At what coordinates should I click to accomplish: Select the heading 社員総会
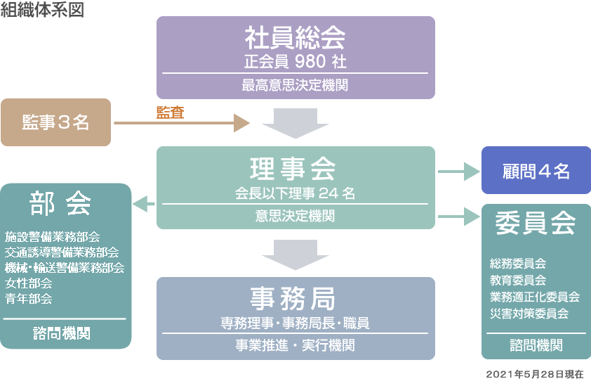point(295,38)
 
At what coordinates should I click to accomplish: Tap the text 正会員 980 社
point(295,62)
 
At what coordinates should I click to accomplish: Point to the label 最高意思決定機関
point(295,86)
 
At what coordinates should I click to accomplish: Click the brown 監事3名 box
point(55,122)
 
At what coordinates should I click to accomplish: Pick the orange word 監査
point(170,112)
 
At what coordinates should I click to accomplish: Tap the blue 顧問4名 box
point(536,171)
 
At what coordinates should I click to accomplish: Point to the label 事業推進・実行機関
point(295,346)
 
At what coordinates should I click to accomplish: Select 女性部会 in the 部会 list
point(29,283)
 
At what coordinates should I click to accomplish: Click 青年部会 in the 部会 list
point(29,299)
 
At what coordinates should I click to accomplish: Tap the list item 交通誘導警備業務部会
point(62,252)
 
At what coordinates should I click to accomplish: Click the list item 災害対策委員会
point(529,314)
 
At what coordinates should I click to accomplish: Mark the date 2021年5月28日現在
point(534,375)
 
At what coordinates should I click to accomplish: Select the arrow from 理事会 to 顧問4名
point(456,171)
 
